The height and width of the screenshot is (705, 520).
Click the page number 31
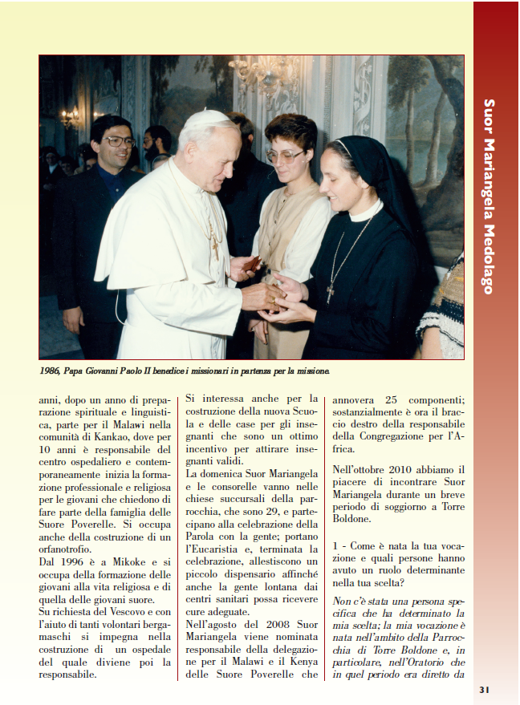point(484,689)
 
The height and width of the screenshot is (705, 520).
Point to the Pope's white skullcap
point(205,117)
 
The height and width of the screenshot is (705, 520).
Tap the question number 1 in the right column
point(335,545)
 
